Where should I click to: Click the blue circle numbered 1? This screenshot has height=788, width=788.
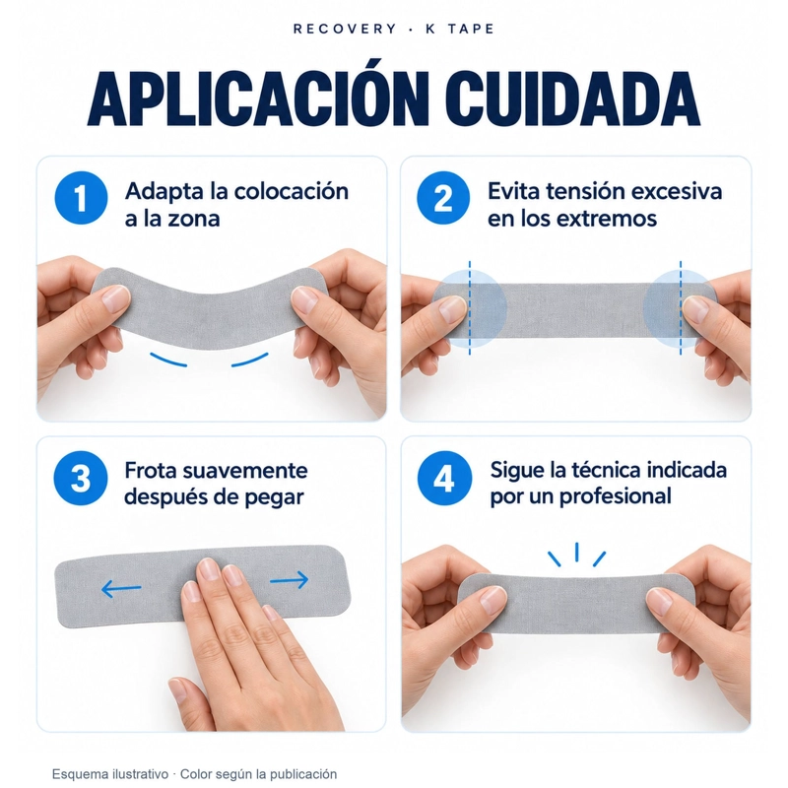pos(81,198)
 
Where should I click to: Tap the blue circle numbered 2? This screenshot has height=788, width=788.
pos(443,198)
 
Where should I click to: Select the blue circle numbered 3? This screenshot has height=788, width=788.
pos(81,478)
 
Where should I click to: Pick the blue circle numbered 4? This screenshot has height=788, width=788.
pos(445,478)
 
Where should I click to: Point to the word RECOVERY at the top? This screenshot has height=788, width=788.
pos(345,29)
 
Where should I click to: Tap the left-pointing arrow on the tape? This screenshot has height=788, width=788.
pos(121,588)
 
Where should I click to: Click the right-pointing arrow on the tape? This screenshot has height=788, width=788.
pos(290,580)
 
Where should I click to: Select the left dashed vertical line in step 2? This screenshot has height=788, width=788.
pos(470,307)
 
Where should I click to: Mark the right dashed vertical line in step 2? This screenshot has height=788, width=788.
pos(681,307)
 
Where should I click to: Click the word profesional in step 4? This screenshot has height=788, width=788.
pos(616,497)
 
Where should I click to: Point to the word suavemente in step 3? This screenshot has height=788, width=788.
pos(245,471)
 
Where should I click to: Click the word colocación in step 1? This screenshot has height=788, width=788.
pos(291,192)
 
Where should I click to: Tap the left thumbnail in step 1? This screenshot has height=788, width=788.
pos(116,299)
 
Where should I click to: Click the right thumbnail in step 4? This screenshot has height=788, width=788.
pos(659,601)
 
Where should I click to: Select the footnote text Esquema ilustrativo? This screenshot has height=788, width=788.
pos(110,774)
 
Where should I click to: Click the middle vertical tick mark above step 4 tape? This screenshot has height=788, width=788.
pos(576,552)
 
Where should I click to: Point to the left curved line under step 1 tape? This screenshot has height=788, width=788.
pos(167,360)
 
